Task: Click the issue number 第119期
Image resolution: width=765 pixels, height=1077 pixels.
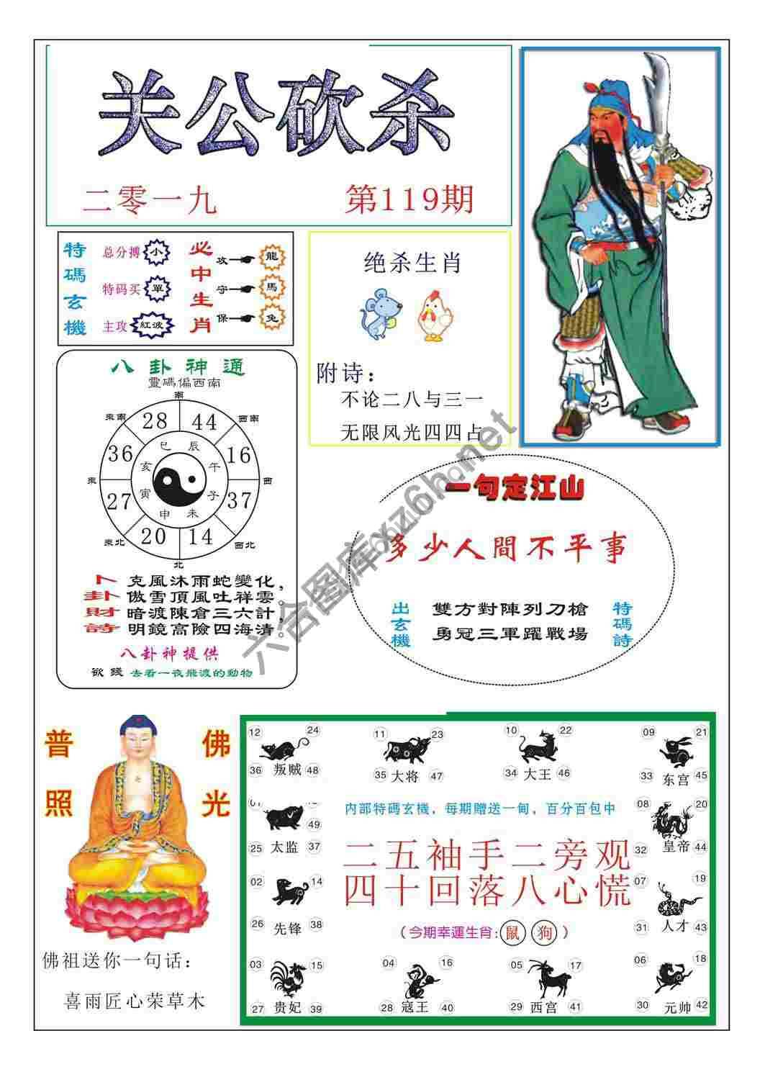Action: point(409,199)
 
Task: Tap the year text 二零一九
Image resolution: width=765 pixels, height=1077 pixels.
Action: point(150,201)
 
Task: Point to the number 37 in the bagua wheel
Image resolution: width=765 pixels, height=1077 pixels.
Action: point(240,499)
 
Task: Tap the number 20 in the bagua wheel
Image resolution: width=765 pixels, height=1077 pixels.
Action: point(154,536)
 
